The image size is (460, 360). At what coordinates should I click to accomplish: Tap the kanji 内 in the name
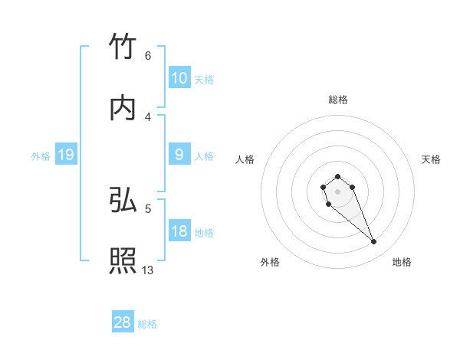pos(123,108)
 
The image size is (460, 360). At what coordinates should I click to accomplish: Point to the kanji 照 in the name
pos(123,260)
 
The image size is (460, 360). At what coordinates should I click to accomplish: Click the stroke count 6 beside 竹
pos(147,56)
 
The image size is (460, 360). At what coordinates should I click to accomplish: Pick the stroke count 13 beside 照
pos(148,270)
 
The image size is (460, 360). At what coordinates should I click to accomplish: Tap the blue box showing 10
pos(179,78)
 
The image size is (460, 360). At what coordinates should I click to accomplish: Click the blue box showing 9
pos(179,155)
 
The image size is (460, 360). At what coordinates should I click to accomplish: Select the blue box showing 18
pos(179,231)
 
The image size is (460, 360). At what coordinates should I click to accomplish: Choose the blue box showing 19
pos(66,155)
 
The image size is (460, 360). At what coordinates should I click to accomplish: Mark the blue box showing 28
pos(123,322)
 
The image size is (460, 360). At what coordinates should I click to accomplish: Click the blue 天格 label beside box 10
pos(204,79)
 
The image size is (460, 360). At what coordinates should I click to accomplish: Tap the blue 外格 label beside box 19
pos(41,155)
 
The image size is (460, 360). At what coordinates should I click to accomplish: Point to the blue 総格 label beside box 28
pos(147,323)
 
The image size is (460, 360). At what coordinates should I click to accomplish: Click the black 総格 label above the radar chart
pos(338,100)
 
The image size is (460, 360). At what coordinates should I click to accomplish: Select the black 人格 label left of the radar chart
pos(245,159)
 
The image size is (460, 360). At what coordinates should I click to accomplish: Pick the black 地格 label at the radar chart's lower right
pos(402,262)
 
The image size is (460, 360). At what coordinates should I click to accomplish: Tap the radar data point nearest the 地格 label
pos(374,242)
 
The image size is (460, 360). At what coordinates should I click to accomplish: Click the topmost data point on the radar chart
pos(337,176)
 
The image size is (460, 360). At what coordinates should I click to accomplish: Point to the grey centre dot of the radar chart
pos(337,191)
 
